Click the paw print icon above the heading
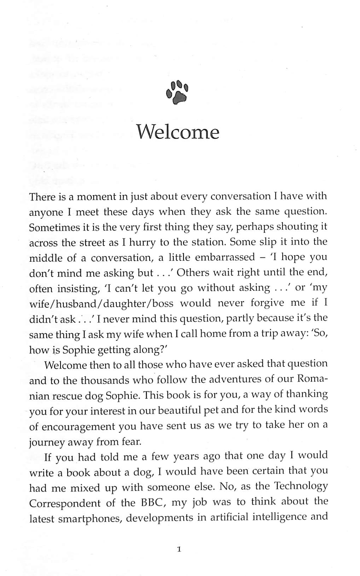[x=177, y=92]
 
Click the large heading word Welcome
[x=178, y=132]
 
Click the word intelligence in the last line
[x=277, y=518]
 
